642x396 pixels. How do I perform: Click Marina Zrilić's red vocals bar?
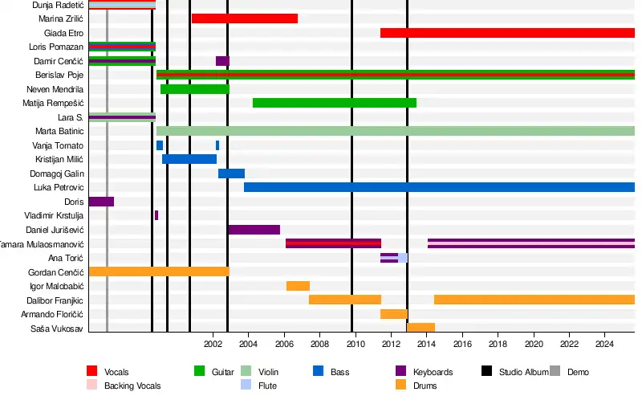click(245, 18)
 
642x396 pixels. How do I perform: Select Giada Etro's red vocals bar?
click(507, 33)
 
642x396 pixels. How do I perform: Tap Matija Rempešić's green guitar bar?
click(334, 103)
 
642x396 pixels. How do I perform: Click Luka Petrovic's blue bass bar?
click(439, 187)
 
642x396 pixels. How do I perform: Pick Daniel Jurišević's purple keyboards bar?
click(254, 230)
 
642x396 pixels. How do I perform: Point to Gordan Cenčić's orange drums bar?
click(159, 271)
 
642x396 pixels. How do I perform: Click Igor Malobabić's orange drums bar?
click(298, 286)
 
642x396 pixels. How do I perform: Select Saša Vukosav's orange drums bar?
click(421, 328)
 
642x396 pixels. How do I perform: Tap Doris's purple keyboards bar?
click(101, 202)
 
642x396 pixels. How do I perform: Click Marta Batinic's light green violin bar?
click(396, 131)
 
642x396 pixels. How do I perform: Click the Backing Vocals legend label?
click(132, 386)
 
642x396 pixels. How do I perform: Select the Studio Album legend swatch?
click(486, 371)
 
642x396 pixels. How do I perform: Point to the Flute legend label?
click(268, 386)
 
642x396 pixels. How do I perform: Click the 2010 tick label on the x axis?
click(356, 345)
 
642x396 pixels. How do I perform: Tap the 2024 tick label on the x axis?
click(604, 345)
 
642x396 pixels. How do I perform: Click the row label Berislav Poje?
click(55, 76)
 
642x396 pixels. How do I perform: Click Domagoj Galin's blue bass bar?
click(231, 174)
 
